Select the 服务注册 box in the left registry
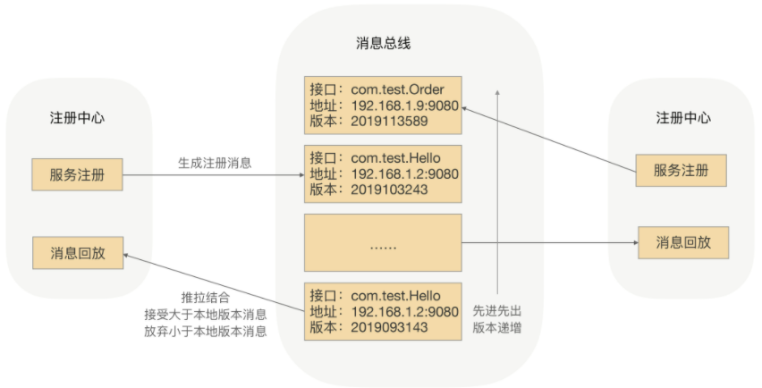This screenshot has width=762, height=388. click(x=76, y=175)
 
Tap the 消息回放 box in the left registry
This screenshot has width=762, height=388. click(x=76, y=253)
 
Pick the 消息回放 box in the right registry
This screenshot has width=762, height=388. click(x=682, y=242)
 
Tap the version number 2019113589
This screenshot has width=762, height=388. click(x=389, y=122)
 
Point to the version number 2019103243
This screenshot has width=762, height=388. click(x=389, y=190)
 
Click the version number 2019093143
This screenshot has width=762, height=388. click(x=389, y=328)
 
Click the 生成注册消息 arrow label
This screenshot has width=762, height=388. click(x=215, y=163)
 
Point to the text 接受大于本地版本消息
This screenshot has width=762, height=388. click(x=205, y=315)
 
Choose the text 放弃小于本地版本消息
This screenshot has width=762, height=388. click(x=205, y=332)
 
